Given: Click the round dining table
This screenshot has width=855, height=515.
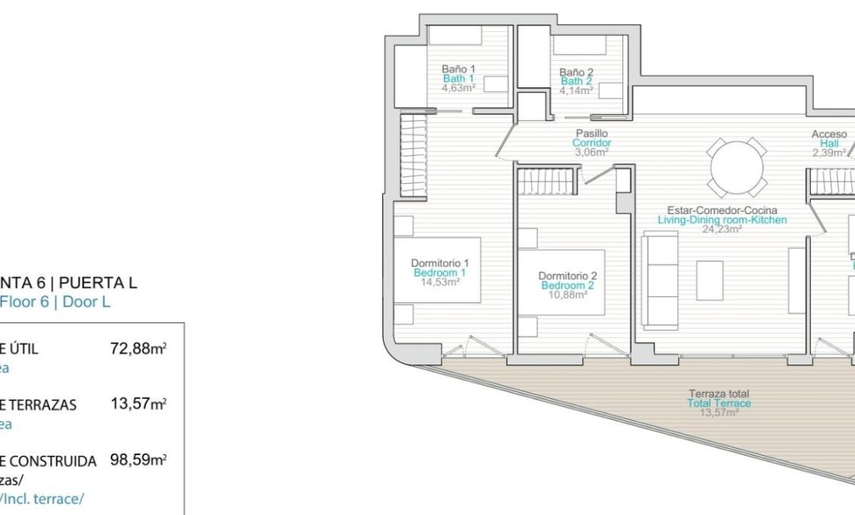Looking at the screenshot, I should click(x=736, y=167).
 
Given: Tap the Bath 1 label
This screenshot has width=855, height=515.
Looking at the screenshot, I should click(x=458, y=78).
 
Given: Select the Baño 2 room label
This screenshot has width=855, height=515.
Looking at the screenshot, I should click(x=576, y=73).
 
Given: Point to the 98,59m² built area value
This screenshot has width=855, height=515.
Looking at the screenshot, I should click(x=138, y=460).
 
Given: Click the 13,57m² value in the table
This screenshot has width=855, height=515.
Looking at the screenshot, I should click(x=138, y=404).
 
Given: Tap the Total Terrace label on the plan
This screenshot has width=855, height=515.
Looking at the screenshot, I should click(x=719, y=403).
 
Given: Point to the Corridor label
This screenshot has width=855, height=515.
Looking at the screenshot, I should click(x=591, y=143).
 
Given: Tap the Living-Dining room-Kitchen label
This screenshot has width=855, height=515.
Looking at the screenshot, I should click(x=722, y=220).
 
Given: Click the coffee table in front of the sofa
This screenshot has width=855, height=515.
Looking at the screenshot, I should click(x=710, y=280).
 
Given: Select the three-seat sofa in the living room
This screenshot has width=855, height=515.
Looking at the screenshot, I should click(x=660, y=280).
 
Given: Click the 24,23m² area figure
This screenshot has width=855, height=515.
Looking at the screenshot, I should click(x=722, y=228).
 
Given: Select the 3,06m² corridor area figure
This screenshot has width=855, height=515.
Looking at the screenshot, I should click(x=591, y=151).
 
